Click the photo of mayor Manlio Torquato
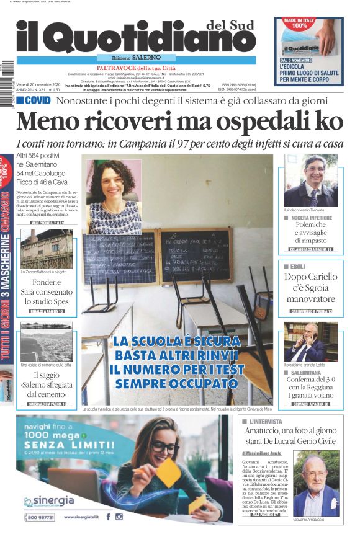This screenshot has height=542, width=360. pyautogui.click(x=310, y=180)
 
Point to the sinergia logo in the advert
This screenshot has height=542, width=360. pyautogui.click(x=49, y=501)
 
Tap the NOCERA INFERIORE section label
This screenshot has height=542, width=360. pyautogui.click(x=311, y=218)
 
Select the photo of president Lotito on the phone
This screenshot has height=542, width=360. pyautogui.click(x=310, y=341)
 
